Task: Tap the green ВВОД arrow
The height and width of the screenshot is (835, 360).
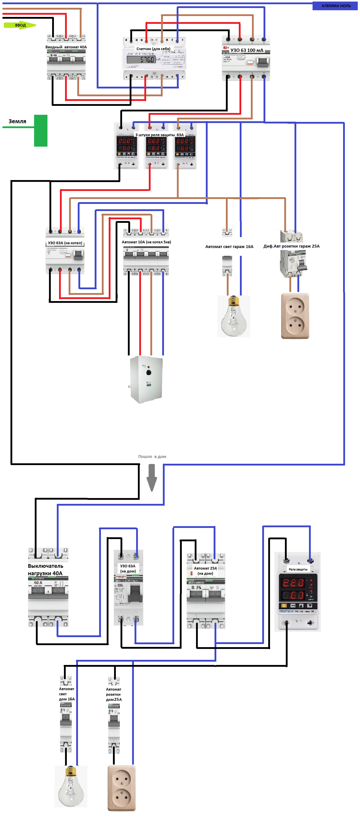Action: point(19,25)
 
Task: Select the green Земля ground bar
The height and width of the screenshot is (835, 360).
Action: point(41,131)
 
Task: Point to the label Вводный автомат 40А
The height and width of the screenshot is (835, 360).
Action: point(66,47)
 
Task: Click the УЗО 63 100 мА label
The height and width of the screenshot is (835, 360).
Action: point(247,50)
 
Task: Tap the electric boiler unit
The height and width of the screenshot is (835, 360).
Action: point(146,379)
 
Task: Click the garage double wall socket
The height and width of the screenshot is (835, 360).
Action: point(295,316)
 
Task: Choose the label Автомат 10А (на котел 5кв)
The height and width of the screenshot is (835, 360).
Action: point(146,242)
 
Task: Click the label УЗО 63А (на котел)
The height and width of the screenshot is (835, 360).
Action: point(65,243)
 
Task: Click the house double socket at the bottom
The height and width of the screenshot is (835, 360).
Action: point(121,788)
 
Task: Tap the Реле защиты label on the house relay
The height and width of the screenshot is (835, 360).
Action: point(298,569)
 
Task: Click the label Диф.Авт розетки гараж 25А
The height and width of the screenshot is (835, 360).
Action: point(291,246)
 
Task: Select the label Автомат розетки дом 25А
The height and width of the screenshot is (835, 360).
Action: point(114,694)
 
